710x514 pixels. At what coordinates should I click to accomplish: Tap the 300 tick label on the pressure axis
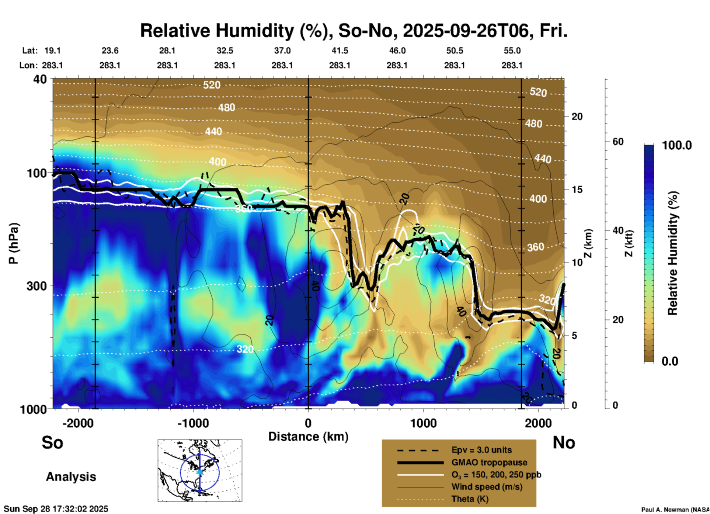coord(37,286)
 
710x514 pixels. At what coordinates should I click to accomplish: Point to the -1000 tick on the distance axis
coord(193,423)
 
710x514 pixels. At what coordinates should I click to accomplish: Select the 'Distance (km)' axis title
coord(308,437)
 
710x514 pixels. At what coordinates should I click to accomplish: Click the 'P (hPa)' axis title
coord(14,243)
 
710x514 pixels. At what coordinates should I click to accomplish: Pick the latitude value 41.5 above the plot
coord(340,51)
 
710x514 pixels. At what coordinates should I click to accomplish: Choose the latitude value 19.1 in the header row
coord(52,51)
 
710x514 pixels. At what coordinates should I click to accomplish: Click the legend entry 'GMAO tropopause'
coord(489,462)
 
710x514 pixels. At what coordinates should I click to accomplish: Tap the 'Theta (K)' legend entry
coord(470,499)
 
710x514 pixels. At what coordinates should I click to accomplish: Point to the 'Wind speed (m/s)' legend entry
coord(487,487)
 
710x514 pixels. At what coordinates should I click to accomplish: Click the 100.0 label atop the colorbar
coord(677,145)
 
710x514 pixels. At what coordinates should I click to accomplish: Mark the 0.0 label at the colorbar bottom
coord(669,361)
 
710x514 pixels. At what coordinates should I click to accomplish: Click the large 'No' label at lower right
coord(564,442)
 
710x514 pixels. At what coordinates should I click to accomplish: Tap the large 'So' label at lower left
coord(52,442)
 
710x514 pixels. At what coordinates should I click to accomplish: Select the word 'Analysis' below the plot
coord(71,477)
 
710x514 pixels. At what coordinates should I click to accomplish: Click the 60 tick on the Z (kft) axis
coord(618,142)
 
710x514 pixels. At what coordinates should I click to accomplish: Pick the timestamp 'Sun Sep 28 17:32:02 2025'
coord(56,509)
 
